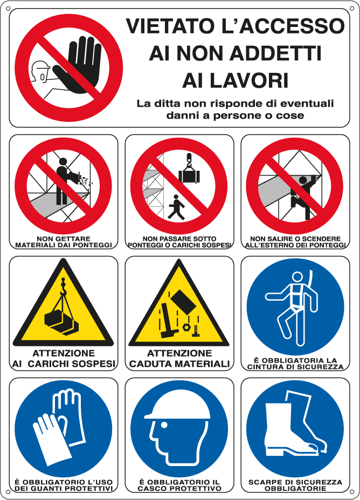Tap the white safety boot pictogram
click(x=291, y=426)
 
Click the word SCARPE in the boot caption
click(x=263, y=482)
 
